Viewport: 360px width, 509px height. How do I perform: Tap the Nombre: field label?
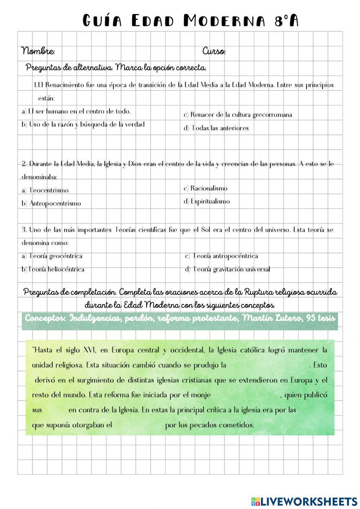pyautogui.click(x=38, y=51)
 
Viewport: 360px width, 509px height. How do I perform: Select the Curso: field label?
pyautogui.click(x=214, y=51)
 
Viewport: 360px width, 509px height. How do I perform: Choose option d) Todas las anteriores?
pyautogui.click(x=216, y=128)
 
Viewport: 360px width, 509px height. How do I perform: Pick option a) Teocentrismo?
pyautogui.click(x=45, y=190)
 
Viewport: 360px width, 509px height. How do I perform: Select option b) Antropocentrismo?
pyautogui.click(x=51, y=203)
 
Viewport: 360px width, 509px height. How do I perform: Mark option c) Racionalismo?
pyautogui.click(x=206, y=188)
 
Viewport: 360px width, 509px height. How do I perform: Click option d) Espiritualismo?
pyautogui.click(x=207, y=202)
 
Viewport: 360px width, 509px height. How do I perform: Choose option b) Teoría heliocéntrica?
pyautogui.click(x=53, y=269)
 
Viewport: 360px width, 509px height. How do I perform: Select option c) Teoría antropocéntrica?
pyautogui.click(x=221, y=256)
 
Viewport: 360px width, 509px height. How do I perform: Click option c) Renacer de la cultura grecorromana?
pyautogui.click(x=238, y=115)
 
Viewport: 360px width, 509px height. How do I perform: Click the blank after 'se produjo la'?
pyautogui.click(x=267, y=365)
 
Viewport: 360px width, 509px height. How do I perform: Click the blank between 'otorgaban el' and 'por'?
pyautogui.click(x=139, y=425)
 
